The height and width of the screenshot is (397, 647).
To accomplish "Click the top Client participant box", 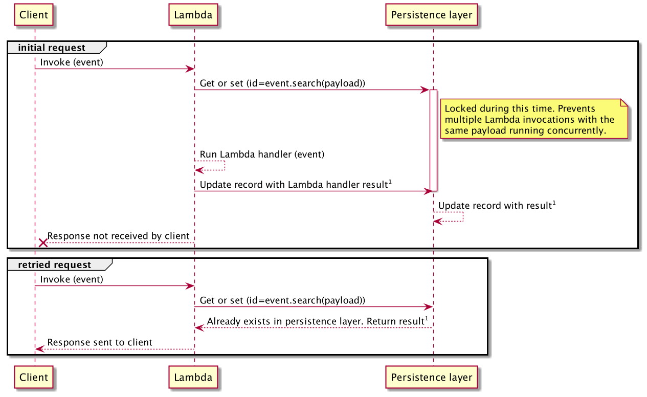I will pyautogui.click(x=34, y=15).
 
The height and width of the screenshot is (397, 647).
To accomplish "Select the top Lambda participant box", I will pyautogui.click(x=193, y=15).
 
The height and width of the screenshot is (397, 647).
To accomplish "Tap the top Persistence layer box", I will pyautogui.click(x=431, y=15).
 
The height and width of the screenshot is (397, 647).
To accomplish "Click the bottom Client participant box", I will pyautogui.click(x=34, y=378).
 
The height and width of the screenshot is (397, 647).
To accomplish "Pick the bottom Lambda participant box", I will pyautogui.click(x=193, y=378).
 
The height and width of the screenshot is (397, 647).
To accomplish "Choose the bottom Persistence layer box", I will pyautogui.click(x=431, y=378).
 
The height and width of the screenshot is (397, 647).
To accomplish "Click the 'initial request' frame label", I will pyautogui.click(x=52, y=48).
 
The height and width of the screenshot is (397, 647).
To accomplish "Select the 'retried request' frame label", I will pyautogui.click(x=54, y=264).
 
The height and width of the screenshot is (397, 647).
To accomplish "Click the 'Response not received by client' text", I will pyautogui.click(x=118, y=235).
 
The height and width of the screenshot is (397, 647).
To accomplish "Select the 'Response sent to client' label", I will pyautogui.click(x=100, y=342).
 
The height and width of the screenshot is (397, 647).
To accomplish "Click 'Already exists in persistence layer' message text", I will pyautogui.click(x=317, y=321).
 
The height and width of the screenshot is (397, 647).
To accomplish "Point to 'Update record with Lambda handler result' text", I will pyautogui.click(x=295, y=185).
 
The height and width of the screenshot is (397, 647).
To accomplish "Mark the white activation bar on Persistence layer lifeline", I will pyautogui.click(x=433, y=138).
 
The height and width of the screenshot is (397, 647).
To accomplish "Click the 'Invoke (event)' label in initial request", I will pyautogui.click(x=72, y=62).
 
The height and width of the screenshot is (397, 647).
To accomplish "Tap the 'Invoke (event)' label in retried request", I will pyautogui.click(x=72, y=279).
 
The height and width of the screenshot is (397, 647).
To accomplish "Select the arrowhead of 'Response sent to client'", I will pyautogui.click(x=39, y=349).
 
